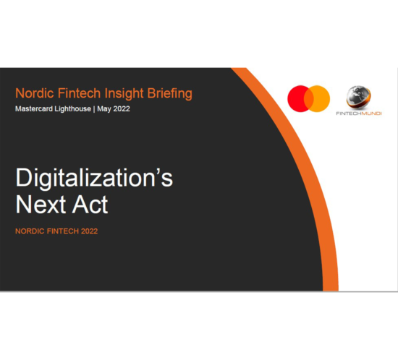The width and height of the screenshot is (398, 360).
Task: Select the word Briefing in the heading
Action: (170, 93)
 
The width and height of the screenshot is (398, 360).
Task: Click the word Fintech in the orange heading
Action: (79, 93)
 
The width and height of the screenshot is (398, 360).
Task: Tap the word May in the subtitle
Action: (104, 109)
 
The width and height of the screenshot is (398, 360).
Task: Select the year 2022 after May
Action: (122, 108)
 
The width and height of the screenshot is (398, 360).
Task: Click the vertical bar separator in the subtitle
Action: (94, 109)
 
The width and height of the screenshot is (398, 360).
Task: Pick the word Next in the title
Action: (41, 205)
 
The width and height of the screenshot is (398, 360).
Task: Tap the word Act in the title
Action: (90, 205)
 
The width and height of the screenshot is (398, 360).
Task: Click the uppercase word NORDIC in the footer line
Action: (30, 231)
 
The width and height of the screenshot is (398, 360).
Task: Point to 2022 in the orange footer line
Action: (89, 231)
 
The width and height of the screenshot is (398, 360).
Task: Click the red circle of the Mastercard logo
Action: (297, 98)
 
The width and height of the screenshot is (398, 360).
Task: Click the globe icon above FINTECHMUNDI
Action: (358, 97)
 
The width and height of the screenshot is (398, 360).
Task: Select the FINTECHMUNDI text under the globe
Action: (359, 113)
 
